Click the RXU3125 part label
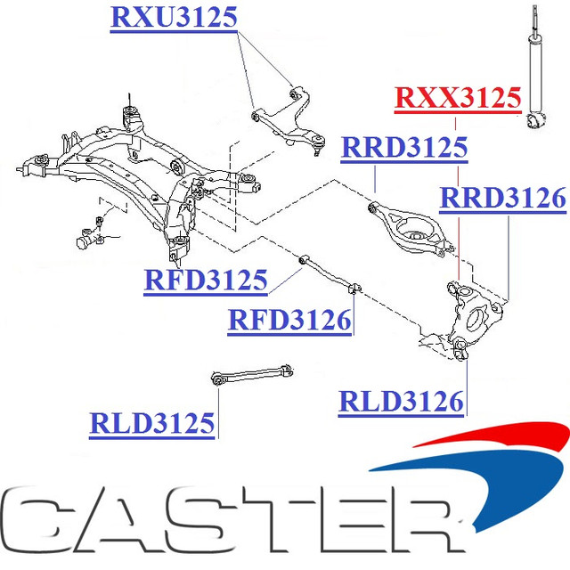pos(174,17)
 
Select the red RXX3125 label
pos(457,97)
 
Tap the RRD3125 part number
pos(404,147)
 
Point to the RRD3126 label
pos(503,198)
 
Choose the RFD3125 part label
pos(206,281)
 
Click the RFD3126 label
pos(289,318)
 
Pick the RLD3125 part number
pos(152,422)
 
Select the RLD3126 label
pos(401,402)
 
